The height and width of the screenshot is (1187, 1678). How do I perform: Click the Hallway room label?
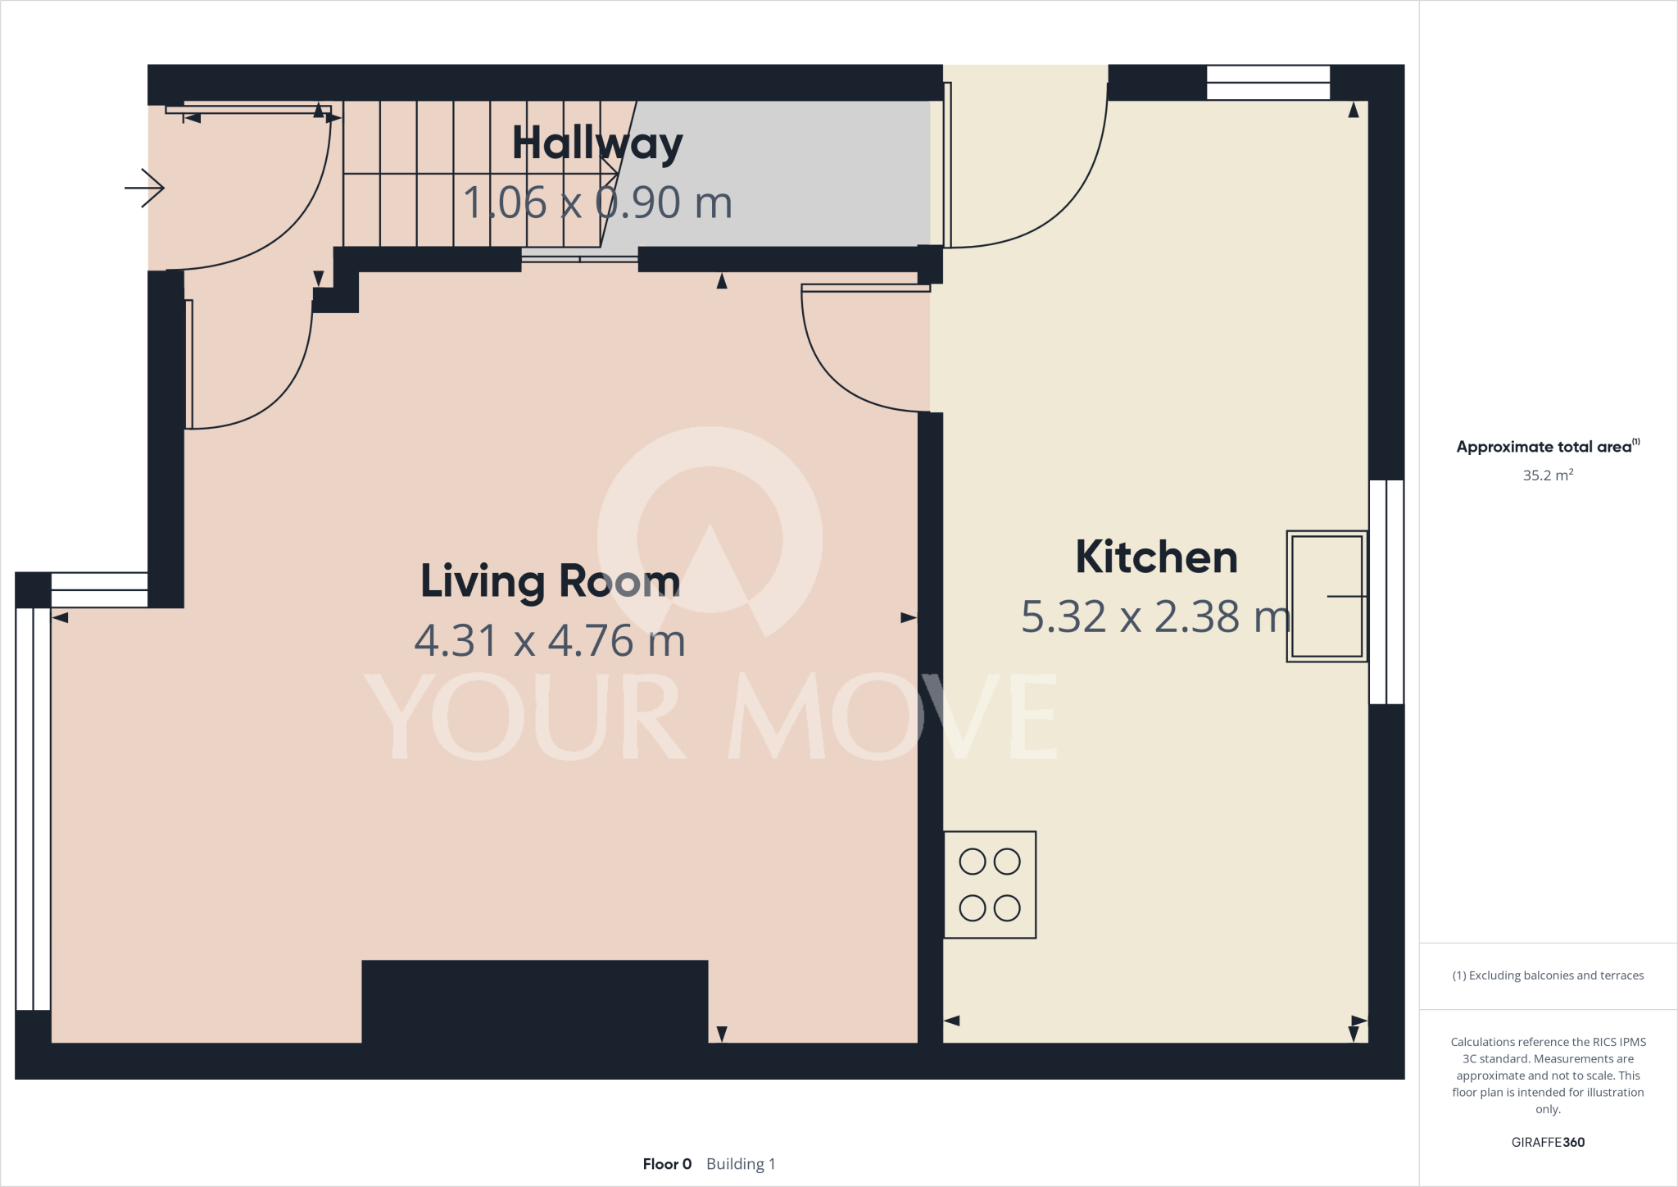pyautogui.click(x=597, y=144)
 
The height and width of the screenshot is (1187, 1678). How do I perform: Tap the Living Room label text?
pyautogui.click(x=550, y=581)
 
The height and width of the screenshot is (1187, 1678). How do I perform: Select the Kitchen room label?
pyautogui.click(x=1156, y=557)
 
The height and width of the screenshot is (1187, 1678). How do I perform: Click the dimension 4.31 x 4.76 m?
pyautogui.click(x=550, y=641)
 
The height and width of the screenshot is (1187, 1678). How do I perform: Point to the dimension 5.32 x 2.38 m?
pyautogui.click(x=1155, y=616)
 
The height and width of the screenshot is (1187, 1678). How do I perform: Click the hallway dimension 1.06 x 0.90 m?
pyautogui.click(x=597, y=202)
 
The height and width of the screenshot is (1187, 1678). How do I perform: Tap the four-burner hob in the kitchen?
pyautogui.click(x=990, y=885)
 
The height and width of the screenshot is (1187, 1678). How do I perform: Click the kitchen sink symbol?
pyautogui.click(x=1327, y=596)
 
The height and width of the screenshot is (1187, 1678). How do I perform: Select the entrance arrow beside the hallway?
pyautogui.click(x=145, y=188)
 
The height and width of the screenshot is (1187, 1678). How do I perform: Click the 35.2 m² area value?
pyautogui.click(x=1548, y=475)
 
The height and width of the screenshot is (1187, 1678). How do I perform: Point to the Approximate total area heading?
pyautogui.click(x=1544, y=447)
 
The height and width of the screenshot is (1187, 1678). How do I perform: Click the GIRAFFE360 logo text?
pyautogui.click(x=1548, y=1142)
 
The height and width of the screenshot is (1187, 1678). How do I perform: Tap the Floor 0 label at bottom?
pyautogui.click(x=667, y=1164)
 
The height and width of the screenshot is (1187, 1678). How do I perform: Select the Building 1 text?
pyautogui.click(x=741, y=1164)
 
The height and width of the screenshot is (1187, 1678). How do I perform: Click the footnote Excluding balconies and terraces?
pyautogui.click(x=1548, y=976)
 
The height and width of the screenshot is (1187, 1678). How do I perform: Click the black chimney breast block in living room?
pyautogui.click(x=534, y=1000)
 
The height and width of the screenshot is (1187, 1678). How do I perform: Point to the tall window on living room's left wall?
pyautogui.click(x=33, y=807)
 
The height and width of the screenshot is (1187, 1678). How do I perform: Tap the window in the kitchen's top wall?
pyautogui.click(x=1268, y=83)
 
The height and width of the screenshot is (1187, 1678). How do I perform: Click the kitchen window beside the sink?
pyautogui.click(x=1386, y=592)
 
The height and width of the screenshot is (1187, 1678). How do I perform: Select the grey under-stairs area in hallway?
pyautogui.click(x=778, y=172)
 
